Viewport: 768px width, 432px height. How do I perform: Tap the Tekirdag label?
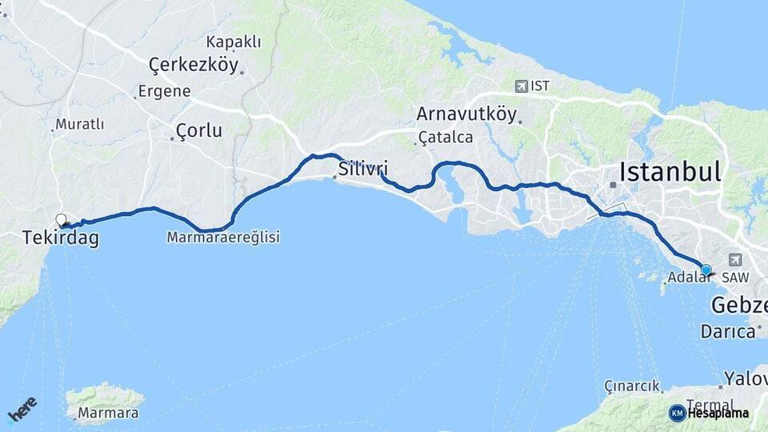(61, 238)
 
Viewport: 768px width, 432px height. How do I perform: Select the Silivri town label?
(363, 169)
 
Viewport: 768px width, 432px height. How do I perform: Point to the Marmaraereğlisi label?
(223, 238)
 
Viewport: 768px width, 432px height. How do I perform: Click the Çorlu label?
(198, 130)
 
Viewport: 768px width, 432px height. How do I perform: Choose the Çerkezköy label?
(194, 65)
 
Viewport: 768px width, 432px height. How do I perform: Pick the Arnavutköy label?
(466, 114)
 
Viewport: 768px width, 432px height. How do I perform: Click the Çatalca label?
(446, 138)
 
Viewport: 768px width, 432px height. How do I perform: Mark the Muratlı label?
(80, 125)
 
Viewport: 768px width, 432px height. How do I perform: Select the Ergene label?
(164, 91)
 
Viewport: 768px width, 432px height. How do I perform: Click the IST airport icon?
(522, 86)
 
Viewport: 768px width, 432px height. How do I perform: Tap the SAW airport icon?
(734, 260)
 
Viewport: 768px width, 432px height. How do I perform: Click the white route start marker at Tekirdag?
(61, 219)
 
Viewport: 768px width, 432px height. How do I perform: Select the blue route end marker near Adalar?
(706, 270)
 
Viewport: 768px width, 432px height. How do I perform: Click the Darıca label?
(728, 330)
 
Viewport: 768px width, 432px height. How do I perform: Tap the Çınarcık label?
(632, 386)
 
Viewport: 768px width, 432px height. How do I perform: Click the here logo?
(22, 408)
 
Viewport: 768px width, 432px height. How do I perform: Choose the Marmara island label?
(108, 414)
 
